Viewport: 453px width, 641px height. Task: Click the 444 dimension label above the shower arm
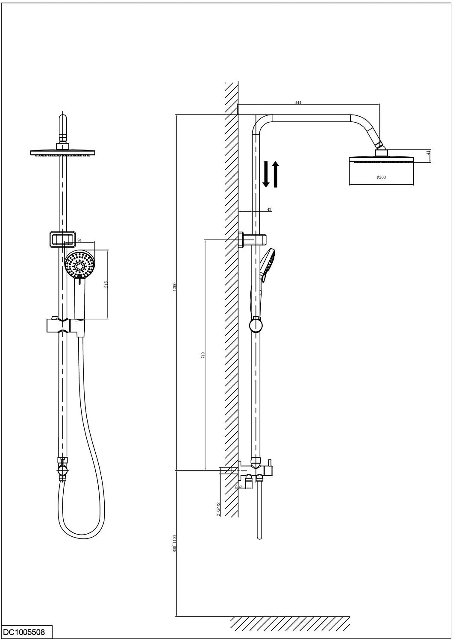(x=298, y=103)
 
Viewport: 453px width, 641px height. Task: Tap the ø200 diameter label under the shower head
(x=381, y=177)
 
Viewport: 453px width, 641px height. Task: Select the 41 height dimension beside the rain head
(x=428, y=153)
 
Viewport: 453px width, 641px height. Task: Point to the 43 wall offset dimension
(x=269, y=209)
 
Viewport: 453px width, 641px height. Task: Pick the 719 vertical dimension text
(x=203, y=355)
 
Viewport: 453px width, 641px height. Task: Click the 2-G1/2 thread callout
(x=218, y=509)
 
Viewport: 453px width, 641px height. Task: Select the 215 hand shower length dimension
(x=106, y=284)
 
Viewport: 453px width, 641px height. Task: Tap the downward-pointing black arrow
(x=266, y=174)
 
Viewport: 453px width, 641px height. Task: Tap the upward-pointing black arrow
(x=275, y=174)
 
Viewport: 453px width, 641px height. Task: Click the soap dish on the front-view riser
(x=62, y=239)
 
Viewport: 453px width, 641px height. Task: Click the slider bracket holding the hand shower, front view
(x=65, y=326)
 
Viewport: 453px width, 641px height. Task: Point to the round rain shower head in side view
(x=381, y=160)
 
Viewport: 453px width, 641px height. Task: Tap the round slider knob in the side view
(x=256, y=326)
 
